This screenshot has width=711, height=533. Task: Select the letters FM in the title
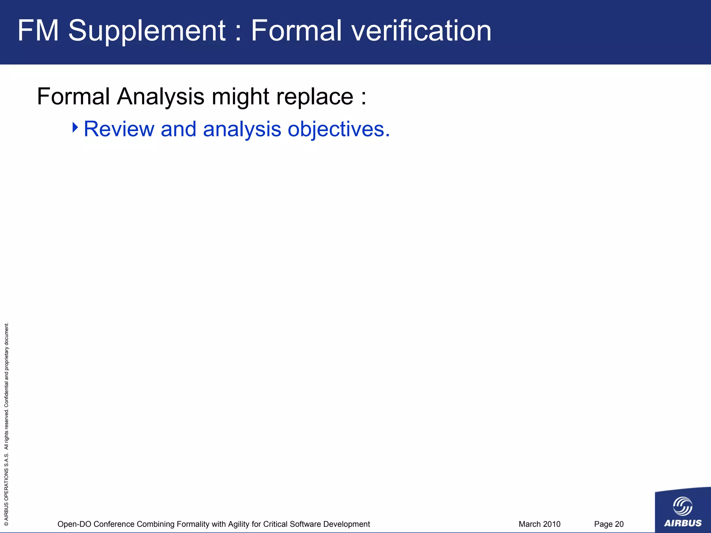tap(38, 31)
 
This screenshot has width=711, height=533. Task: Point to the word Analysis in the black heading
tap(160, 96)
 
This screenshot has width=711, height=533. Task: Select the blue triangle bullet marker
tap(75, 127)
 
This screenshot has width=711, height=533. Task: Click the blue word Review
tap(119, 129)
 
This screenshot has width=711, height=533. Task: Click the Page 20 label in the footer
tap(609, 524)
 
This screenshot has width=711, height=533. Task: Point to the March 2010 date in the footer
tap(539, 524)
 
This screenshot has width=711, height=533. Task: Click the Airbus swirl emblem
tap(683, 506)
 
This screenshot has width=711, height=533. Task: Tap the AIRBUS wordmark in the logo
tap(683, 523)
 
